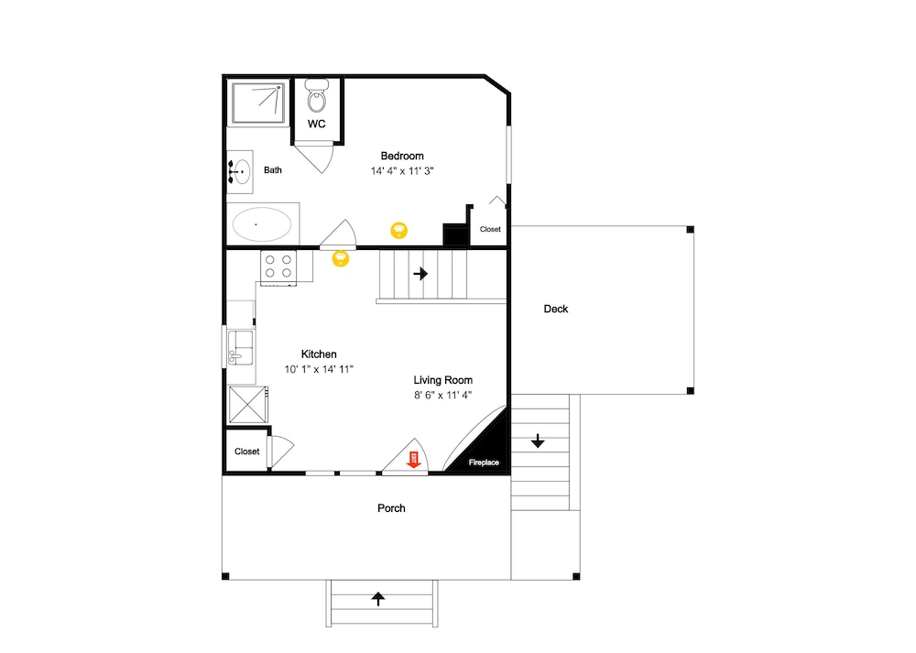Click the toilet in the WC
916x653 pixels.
[317, 96]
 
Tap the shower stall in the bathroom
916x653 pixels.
[258, 103]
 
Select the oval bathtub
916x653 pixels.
[262, 224]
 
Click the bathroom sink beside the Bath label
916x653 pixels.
[239, 171]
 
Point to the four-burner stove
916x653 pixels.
[278, 267]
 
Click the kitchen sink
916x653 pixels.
[240, 347]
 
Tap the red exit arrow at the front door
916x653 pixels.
[414, 459]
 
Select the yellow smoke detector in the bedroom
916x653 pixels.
[399, 230]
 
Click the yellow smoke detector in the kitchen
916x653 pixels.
[341, 258]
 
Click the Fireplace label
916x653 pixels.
[484, 463]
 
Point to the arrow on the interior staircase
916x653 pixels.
[420, 273]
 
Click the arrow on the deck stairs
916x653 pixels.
[538, 441]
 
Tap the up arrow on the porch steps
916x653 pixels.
[378, 599]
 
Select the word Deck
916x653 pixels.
[556, 309]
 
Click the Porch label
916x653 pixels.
[391, 508]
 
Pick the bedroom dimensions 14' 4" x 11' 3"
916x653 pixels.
[402, 171]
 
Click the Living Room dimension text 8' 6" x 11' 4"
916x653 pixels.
[442, 396]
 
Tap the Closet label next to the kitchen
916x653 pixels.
[246, 452]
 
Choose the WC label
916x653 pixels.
[317, 124]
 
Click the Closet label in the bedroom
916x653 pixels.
[490, 229]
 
